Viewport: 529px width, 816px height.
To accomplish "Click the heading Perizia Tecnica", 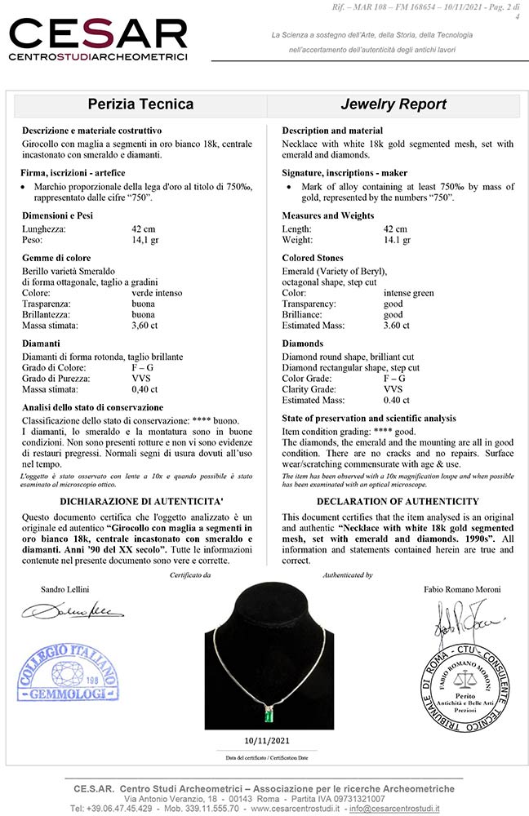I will tap(140, 104).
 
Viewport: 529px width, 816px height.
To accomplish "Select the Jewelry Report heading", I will tap(393, 104).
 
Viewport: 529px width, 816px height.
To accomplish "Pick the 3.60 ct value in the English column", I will tap(397, 325).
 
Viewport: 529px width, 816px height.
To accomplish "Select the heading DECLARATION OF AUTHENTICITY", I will tap(398, 500).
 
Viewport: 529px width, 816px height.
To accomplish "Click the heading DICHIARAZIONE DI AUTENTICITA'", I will tap(138, 500).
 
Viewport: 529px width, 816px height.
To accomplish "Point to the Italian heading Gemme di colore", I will tap(56, 258).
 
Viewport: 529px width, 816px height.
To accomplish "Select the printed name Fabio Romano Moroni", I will tap(463, 588).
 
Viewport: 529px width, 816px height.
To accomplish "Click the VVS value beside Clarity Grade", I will tap(393, 389).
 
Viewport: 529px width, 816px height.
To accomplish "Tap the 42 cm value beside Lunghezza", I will tap(144, 229).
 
